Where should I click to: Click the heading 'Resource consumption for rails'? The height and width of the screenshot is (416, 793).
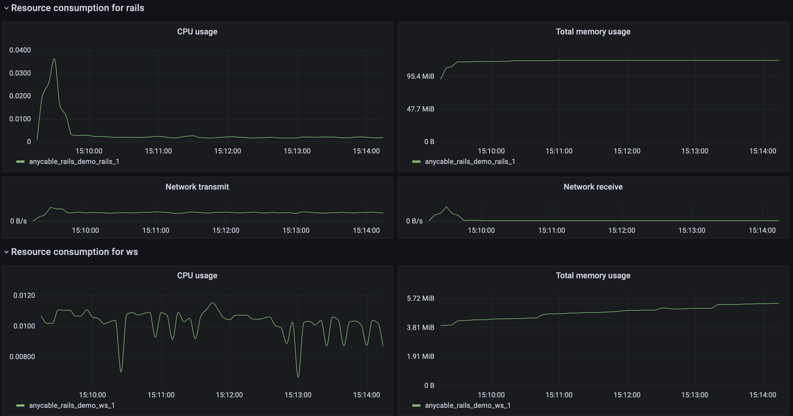(x=77, y=8)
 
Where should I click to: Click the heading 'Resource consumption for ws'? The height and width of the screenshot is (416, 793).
(x=74, y=252)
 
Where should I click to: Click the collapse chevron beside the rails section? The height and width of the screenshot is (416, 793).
(x=6, y=8)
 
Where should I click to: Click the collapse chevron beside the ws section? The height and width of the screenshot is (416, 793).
(x=6, y=252)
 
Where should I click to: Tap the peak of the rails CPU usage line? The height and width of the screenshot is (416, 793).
(x=54, y=59)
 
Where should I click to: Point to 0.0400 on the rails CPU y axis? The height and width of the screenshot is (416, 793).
(x=20, y=50)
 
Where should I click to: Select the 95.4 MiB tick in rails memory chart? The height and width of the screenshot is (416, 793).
(x=420, y=76)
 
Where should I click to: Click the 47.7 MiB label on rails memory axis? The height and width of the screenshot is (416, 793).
(x=420, y=109)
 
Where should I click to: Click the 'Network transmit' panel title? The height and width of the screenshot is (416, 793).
(x=197, y=187)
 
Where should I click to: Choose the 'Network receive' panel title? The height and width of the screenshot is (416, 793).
(x=593, y=187)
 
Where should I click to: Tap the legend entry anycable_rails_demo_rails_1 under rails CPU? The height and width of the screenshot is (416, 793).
(x=74, y=162)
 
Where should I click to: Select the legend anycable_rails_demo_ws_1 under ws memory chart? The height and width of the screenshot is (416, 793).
(x=467, y=405)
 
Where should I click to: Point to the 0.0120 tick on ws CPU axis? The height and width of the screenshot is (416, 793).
(x=24, y=296)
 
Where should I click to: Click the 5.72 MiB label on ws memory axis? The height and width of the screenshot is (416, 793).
(x=420, y=298)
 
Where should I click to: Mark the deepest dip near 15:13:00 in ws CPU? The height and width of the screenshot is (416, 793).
(x=298, y=376)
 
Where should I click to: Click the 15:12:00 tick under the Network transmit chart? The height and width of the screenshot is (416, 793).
(x=225, y=230)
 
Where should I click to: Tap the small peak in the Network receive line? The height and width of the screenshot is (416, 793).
(x=447, y=207)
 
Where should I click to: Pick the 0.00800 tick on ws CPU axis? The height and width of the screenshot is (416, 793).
(x=22, y=356)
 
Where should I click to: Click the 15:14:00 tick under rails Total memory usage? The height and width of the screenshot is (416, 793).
(x=763, y=151)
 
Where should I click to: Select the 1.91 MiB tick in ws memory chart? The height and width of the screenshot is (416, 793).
(x=420, y=356)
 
